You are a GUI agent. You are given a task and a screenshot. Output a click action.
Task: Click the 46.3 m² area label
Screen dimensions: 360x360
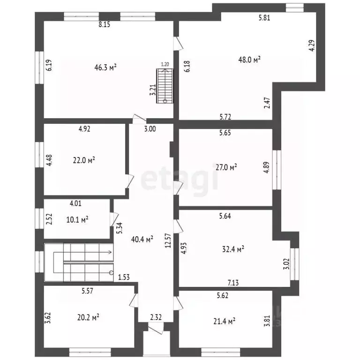pos(105,67)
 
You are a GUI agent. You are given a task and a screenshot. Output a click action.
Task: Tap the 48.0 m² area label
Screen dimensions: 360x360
pos(249,60)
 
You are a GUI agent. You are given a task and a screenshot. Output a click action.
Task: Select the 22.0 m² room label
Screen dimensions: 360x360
pos(84,160)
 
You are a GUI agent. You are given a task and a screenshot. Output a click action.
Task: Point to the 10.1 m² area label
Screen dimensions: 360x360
pos(77,220)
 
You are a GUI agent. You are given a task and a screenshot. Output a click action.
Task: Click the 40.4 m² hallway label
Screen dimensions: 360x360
pos(142,240)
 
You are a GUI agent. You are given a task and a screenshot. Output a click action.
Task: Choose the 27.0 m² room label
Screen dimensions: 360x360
pos(226,167)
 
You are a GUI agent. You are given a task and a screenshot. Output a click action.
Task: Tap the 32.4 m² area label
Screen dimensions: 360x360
pos(233,249)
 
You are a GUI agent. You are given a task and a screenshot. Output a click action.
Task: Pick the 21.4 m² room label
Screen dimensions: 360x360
pos(225,321)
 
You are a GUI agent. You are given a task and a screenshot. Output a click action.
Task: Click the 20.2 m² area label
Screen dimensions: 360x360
pos(88,318)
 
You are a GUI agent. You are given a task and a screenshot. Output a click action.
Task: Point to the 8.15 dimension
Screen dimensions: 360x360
pos(105,24)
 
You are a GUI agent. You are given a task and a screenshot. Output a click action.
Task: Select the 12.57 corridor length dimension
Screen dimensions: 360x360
pos(168,240)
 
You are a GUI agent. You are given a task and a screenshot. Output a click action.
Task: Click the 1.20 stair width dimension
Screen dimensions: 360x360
pos(165,64)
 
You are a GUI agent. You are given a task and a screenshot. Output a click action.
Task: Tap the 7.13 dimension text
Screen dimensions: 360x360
pos(233,283)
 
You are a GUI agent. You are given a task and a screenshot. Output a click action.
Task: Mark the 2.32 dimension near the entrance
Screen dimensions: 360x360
pos(156,317)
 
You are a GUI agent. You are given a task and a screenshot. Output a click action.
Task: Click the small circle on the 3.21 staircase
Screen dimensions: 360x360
pos(165,101)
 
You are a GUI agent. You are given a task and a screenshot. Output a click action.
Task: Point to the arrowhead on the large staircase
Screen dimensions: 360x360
pos(111,252)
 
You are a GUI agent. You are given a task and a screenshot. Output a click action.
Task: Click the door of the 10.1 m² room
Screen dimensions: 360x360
pos(114,219)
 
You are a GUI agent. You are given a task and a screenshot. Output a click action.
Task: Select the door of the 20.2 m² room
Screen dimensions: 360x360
pos(134,300)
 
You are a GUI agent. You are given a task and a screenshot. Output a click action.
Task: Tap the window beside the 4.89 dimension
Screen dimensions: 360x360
pos(277,170)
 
